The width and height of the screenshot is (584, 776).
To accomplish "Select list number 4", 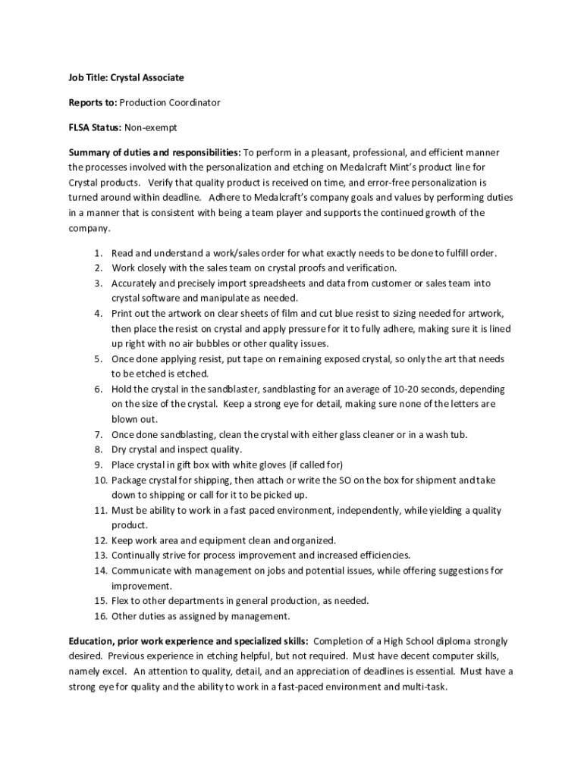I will pyautogui.click(x=99, y=314).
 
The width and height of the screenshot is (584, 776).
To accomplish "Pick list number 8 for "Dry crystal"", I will pyautogui.click(x=99, y=449).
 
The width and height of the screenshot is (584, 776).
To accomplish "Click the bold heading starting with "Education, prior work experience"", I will pyautogui.click(x=188, y=641).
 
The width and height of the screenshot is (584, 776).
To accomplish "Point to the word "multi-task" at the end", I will pyautogui.click(x=425, y=687).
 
